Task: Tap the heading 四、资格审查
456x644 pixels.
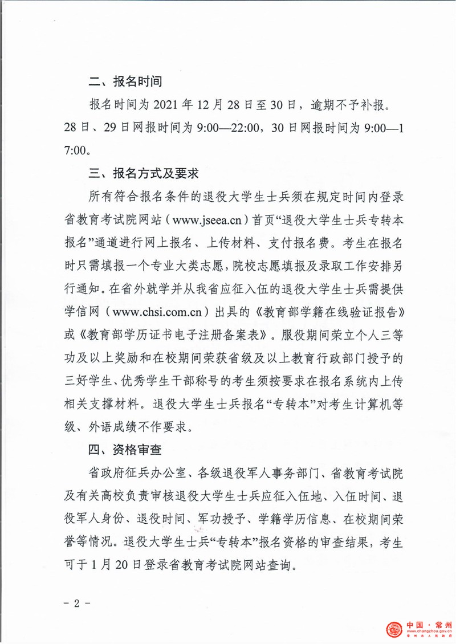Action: click(126, 450)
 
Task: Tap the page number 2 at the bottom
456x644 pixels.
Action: click(75, 604)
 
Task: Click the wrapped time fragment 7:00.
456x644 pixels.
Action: click(78, 150)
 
